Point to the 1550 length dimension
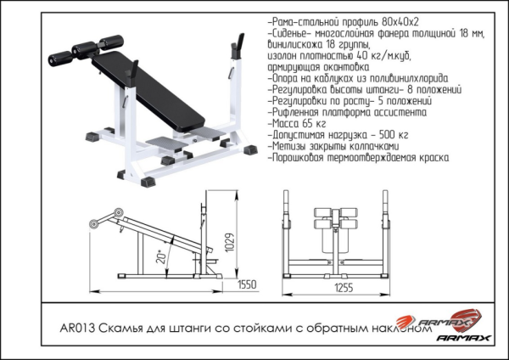(246, 284)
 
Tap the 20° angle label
(160, 256)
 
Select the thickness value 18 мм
(466, 30)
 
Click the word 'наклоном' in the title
(395, 330)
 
